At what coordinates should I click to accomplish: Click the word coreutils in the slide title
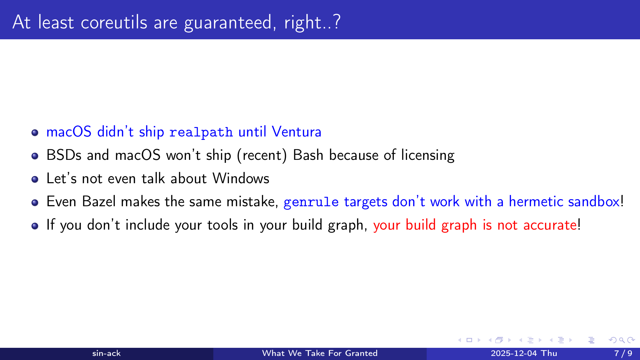pos(114,22)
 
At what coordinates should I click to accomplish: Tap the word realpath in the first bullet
pos(201,132)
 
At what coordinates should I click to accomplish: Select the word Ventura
pos(296,131)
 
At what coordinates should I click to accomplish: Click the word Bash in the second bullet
pos(308,155)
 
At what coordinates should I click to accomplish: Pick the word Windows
pos(241,178)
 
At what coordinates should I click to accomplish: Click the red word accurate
pos(550,225)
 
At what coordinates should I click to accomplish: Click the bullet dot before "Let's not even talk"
pos(35,179)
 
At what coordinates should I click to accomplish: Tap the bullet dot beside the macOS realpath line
pos(35,132)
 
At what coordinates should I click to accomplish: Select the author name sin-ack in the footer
pos(106,353)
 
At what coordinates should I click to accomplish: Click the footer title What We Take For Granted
pos(320,353)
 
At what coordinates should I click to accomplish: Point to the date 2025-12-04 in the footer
pos(514,353)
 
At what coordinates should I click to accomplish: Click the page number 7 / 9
pos(623,353)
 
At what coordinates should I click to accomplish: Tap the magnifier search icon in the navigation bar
pos(622,340)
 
